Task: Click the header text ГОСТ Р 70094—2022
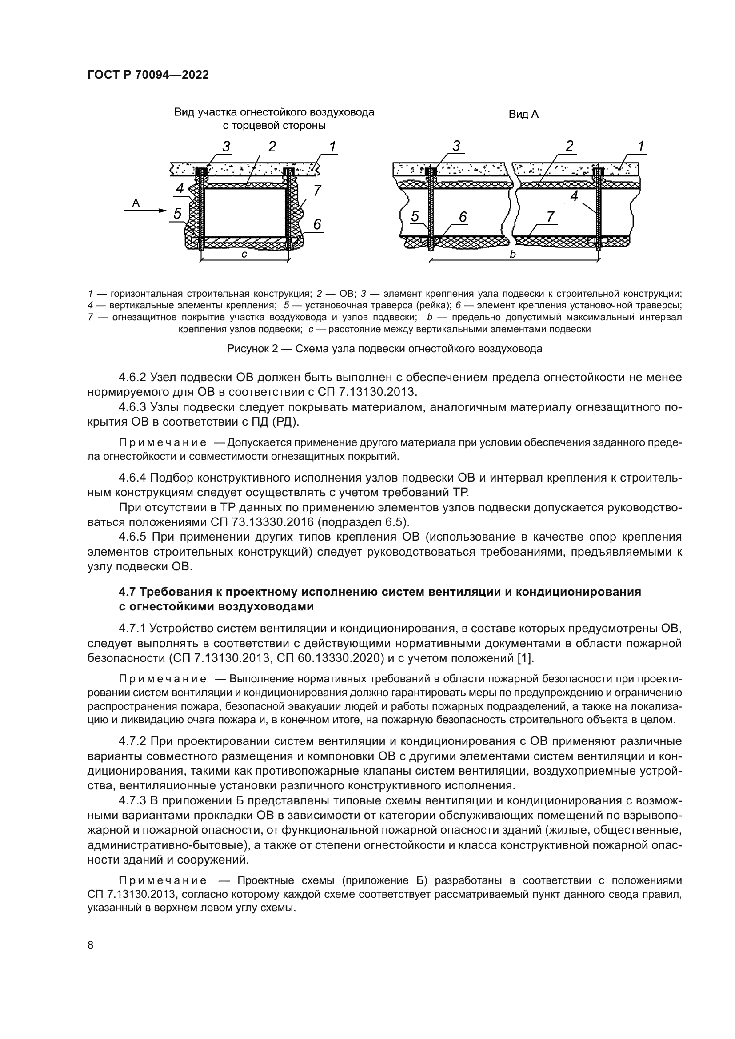(148, 75)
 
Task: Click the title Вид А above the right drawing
(523, 115)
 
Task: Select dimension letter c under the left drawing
(244, 255)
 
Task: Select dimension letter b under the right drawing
(513, 255)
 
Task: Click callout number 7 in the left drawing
(317, 191)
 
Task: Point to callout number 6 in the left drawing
(317, 224)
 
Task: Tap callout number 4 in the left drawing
(180, 188)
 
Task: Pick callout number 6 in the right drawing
(463, 217)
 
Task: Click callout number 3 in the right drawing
(456, 146)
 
